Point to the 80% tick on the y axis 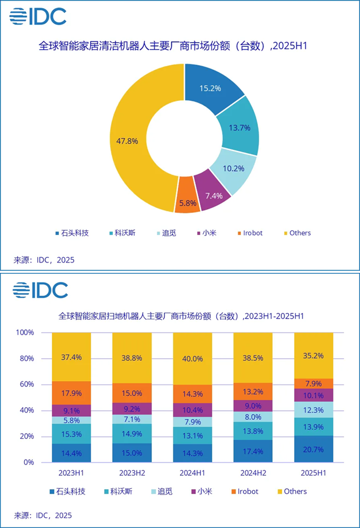click(x=25, y=358)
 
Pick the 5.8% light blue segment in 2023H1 click(x=71, y=420)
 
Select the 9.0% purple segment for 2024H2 click(x=253, y=406)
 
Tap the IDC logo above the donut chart click(x=38, y=16)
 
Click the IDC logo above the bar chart click(x=40, y=290)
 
